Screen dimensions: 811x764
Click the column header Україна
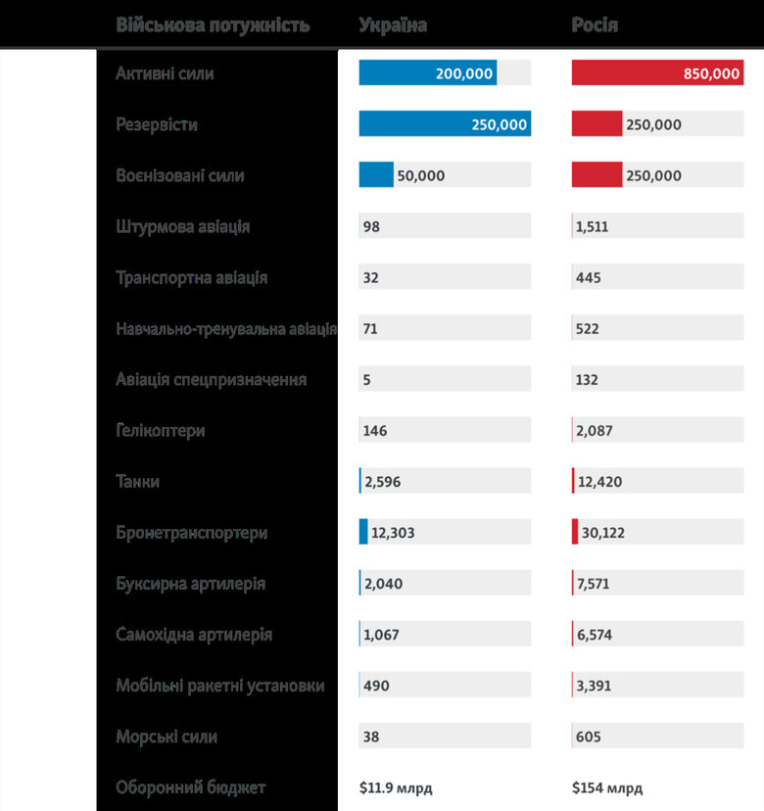click(393, 25)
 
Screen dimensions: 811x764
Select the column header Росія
click(595, 25)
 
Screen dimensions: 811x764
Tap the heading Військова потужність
click(213, 25)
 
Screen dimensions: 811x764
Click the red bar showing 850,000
click(656, 73)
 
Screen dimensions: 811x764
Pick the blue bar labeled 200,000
click(427, 73)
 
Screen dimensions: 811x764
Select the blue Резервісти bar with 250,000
click(444, 124)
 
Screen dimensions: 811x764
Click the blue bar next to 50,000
click(375, 175)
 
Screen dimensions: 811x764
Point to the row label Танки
click(137, 482)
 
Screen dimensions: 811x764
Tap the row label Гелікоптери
click(160, 431)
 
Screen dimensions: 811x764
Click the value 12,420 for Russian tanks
click(599, 482)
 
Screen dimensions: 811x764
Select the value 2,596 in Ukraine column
click(382, 482)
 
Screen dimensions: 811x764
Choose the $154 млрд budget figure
click(607, 787)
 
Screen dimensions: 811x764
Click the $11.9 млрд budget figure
click(396, 787)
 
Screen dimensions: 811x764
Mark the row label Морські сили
click(167, 737)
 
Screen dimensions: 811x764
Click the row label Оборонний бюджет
click(190, 787)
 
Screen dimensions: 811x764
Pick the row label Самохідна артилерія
click(194, 635)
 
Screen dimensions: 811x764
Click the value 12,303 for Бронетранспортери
click(393, 533)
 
